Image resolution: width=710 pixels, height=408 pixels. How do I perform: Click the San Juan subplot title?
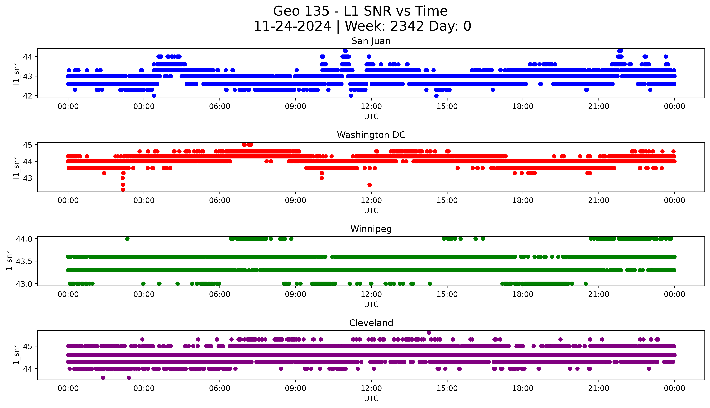(371, 41)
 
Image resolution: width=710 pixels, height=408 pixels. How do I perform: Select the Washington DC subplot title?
(371, 135)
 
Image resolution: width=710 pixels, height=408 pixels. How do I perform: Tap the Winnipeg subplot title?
(371, 229)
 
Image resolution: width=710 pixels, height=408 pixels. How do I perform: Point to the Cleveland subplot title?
(371, 323)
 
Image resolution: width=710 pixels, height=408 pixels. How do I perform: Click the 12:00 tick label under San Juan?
(371, 107)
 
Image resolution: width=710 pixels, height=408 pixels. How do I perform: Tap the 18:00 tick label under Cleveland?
(523, 388)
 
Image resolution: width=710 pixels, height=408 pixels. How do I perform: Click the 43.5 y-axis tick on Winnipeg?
(24, 261)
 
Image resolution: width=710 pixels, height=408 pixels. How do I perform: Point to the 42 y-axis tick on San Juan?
(27, 96)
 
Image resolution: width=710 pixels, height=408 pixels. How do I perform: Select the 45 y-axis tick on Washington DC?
(27, 145)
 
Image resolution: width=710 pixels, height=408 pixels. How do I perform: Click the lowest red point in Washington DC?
(123, 190)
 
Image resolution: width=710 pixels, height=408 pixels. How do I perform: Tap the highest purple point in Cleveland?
(429, 333)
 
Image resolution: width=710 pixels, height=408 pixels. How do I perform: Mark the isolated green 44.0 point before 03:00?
(127, 239)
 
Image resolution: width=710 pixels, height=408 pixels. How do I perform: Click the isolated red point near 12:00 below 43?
(369, 185)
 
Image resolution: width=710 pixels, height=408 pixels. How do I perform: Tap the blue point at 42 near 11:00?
(351, 96)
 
